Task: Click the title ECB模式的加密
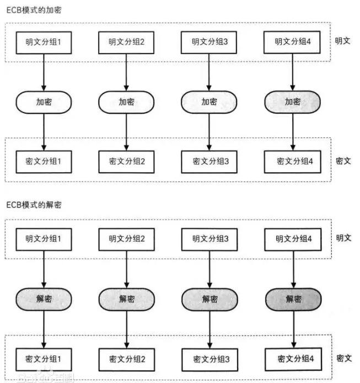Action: pyautogui.click(x=34, y=10)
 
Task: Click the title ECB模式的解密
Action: pyautogui.click(x=34, y=205)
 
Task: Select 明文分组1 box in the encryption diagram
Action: pyautogui.click(x=44, y=42)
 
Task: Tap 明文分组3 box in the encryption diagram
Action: pyautogui.click(x=209, y=42)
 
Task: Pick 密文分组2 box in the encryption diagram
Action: pyautogui.click(x=126, y=162)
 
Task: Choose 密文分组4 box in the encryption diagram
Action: pyautogui.click(x=292, y=162)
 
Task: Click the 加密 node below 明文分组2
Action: pyautogui.click(x=126, y=102)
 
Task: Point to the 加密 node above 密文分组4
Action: pyautogui.click(x=292, y=102)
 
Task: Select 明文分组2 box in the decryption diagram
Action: pyautogui.click(x=126, y=240)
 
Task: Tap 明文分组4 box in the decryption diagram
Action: pyautogui.click(x=293, y=240)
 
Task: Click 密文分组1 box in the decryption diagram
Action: pyautogui.click(x=44, y=360)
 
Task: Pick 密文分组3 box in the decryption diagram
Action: pyautogui.click(x=210, y=360)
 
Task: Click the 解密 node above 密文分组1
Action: pyautogui.click(x=44, y=299)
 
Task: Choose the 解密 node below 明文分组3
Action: pyautogui.click(x=209, y=300)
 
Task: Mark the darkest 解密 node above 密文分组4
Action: pyautogui.click(x=293, y=300)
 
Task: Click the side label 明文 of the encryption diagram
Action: pyautogui.click(x=342, y=41)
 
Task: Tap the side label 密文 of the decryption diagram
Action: pyautogui.click(x=344, y=358)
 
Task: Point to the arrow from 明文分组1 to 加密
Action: pyautogui.click(x=44, y=72)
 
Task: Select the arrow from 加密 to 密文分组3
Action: pyautogui.click(x=209, y=132)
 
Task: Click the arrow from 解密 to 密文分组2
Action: pyautogui.click(x=127, y=329)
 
